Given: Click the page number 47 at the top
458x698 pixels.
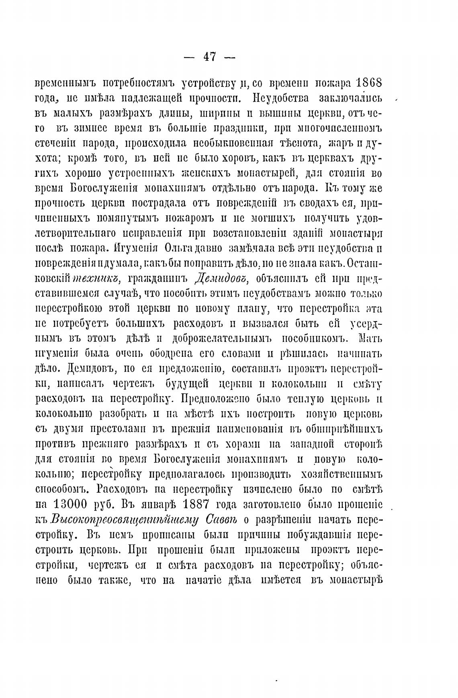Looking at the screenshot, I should pos(209,57).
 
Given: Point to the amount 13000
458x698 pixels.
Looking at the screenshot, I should pos(70,504).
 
